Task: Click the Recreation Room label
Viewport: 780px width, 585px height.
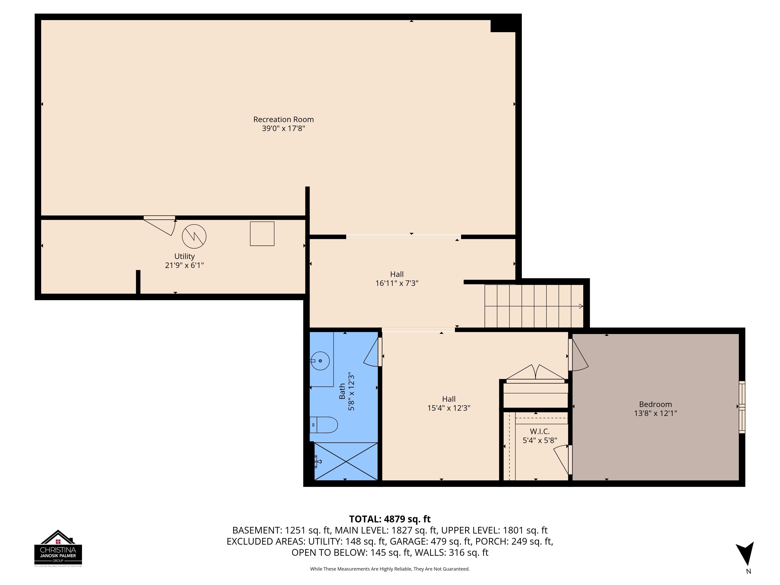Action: click(x=284, y=120)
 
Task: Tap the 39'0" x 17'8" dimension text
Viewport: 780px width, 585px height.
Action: click(x=284, y=128)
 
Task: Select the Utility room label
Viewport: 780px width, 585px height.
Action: click(x=184, y=256)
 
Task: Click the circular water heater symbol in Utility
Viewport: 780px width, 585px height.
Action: click(x=194, y=236)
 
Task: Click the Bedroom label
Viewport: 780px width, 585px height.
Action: click(x=656, y=404)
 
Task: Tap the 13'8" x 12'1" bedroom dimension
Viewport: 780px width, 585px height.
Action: click(x=656, y=413)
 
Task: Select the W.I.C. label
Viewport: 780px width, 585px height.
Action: click(x=540, y=432)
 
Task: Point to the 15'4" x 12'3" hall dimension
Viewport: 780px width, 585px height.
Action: click(x=449, y=408)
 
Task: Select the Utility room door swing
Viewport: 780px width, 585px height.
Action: click(x=159, y=226)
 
